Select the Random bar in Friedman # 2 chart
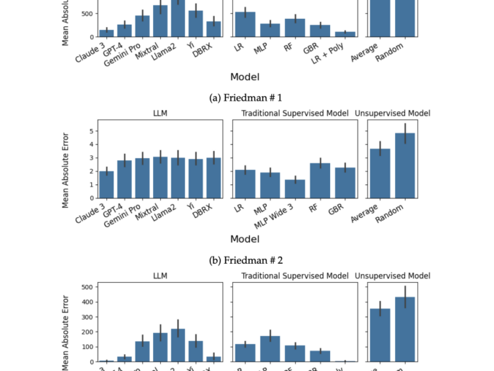pos(405,165)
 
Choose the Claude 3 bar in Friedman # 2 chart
pos(106,184)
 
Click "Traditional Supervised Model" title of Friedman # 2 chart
pos(294,114)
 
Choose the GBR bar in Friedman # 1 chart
pos(319,31)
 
